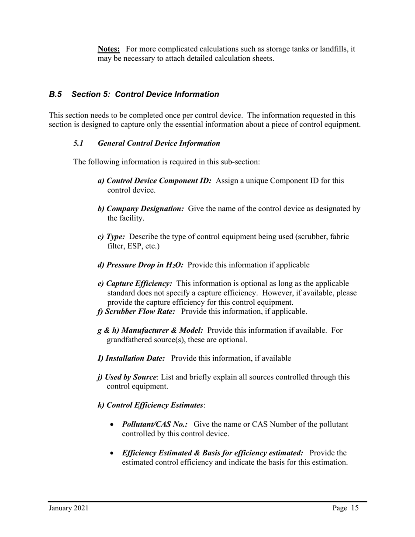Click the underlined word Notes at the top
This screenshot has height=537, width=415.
tap(108, 49)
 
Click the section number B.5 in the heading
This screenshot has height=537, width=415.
tap(55, 94)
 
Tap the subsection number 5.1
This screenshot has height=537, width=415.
tap(78, 143)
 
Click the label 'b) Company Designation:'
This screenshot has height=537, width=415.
tap(141, 209)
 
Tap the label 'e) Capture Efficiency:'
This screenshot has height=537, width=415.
tap(135, 284)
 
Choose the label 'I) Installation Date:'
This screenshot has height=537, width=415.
tap(131, 358)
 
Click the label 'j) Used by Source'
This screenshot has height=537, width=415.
tap(127, 377)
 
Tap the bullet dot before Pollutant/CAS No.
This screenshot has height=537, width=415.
tap(114, 425)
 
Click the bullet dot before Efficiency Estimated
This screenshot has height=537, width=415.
tap(114, 453)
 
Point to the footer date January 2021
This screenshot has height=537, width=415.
tap(69, 508)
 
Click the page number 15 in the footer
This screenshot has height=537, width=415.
tap(354, 508)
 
